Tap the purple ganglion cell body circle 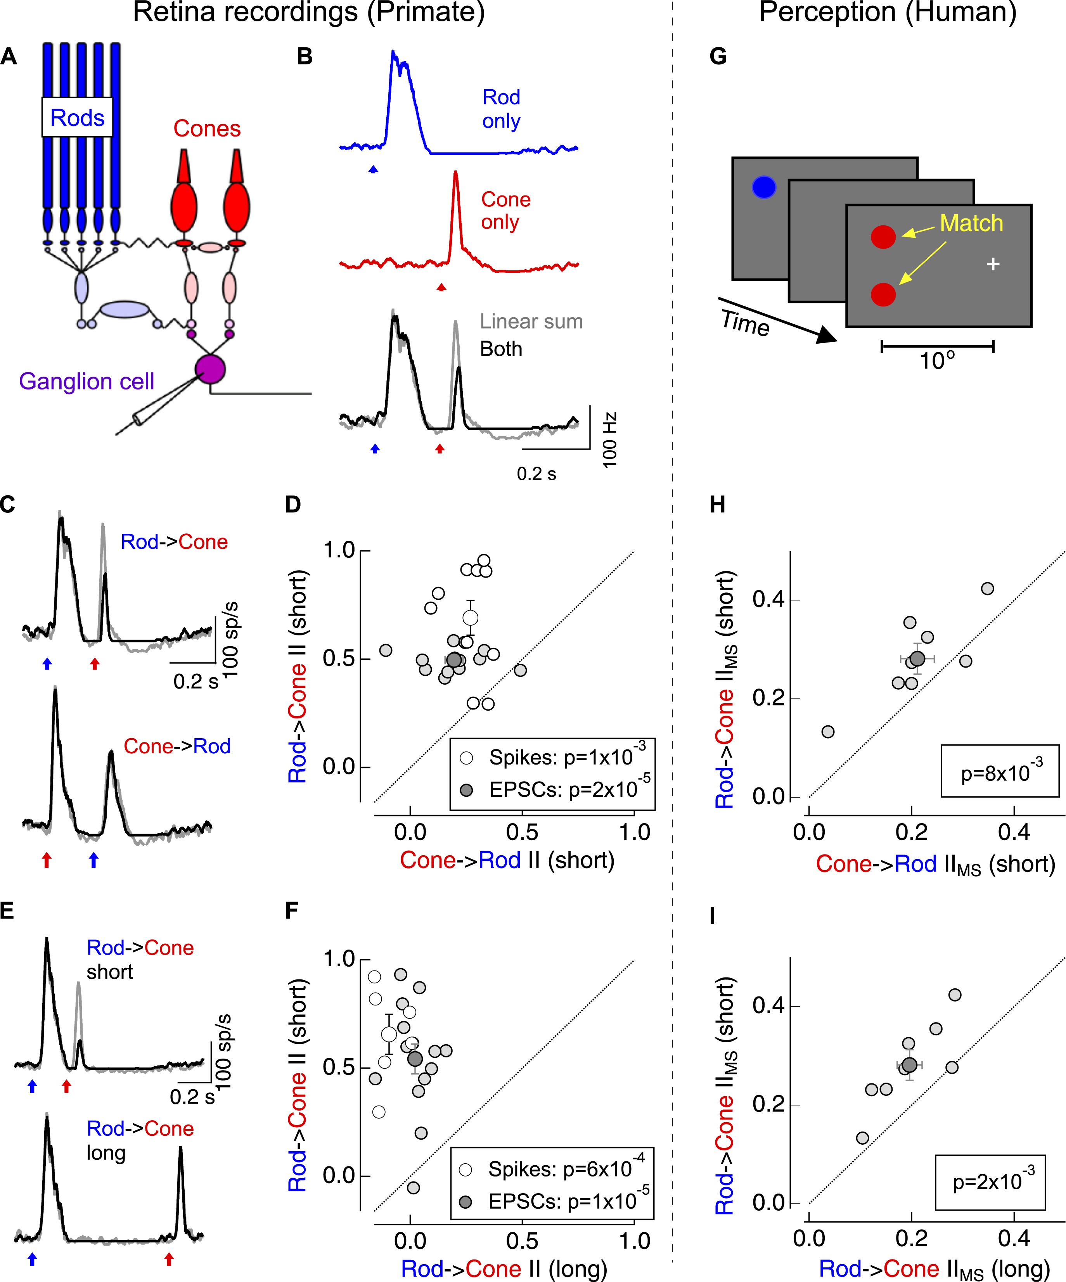pyautogui.click(x=210, y=369)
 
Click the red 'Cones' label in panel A pyautogui.click(x=207, y=129)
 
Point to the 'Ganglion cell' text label pyautogui.click(x=86, y=382)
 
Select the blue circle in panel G pyautogui.click(x=764, y=187)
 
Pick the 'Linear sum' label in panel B pyautogui.click(x=531, y=321)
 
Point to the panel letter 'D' pyautogui.click(x=293, y=505)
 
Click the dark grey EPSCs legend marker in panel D pyautogui.click(x=466, y=790)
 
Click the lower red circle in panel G pyautogui.click(x=883, y=295)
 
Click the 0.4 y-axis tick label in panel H pyautogui.click(x=767, y=599)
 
